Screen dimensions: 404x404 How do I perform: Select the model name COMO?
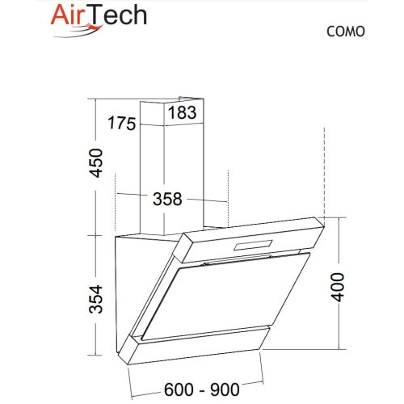tap(346, 32)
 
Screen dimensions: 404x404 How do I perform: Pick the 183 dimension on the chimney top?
tap(183, 114)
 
